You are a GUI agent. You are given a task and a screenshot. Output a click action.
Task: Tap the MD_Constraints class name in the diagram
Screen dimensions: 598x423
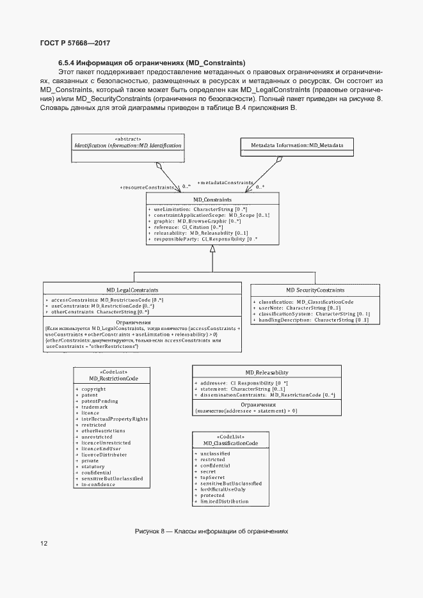tap(212, 200)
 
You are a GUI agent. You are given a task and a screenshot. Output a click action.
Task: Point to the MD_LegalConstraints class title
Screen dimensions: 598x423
tap(132, 290)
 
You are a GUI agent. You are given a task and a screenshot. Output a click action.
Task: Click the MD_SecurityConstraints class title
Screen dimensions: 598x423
tap(315, 290)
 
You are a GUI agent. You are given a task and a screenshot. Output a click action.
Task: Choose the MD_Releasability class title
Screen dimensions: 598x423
tap(267, 372)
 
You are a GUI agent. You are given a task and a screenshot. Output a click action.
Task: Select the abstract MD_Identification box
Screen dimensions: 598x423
tap(128, 145)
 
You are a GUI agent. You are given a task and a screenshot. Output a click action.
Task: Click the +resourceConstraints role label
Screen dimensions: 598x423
tap(147, 187)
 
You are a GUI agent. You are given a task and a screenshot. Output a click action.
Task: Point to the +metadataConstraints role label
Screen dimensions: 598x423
tap(225, 182)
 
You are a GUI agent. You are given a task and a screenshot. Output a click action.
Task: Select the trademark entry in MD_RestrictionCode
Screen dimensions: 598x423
tap(94, 407)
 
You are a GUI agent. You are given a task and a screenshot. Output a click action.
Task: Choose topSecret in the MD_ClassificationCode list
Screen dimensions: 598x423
tap(214, 477)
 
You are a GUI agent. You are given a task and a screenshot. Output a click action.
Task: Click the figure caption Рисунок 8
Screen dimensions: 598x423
tap(212, 531)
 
